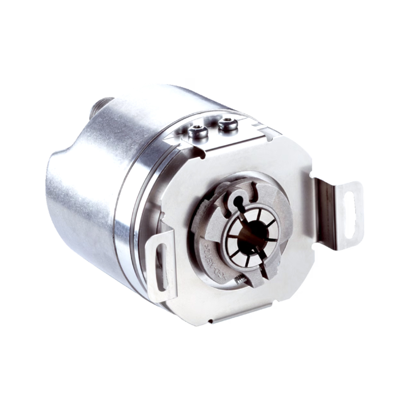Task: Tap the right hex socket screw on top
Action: pos(228,124)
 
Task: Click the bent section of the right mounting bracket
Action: pos(324,203)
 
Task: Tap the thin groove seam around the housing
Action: pos(117,220)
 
